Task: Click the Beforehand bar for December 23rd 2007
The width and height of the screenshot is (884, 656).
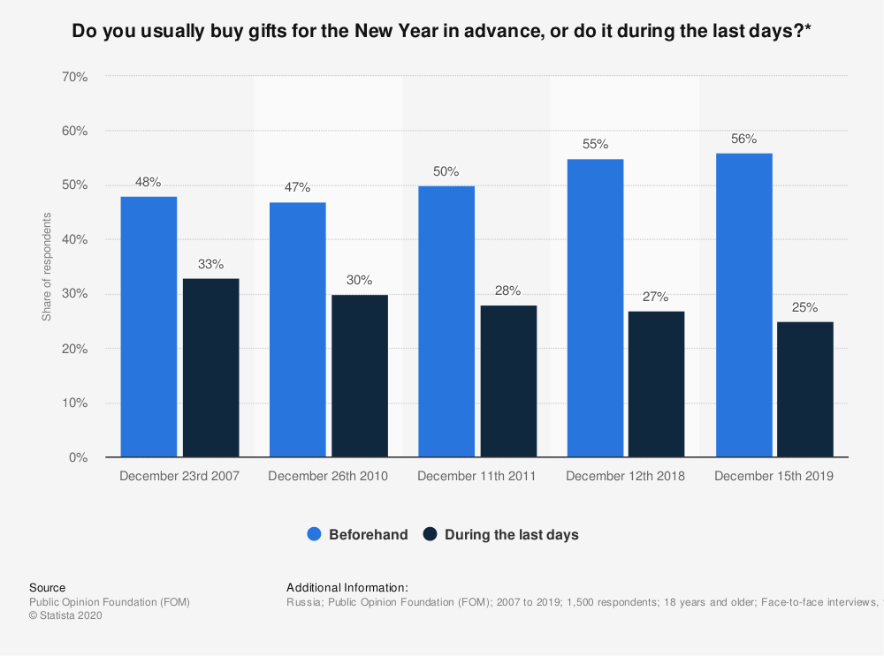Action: [x=149, y=327]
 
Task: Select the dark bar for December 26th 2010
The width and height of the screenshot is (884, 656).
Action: [x=360, y=376]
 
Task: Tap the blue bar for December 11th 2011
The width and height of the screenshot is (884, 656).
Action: [x=446, y=321]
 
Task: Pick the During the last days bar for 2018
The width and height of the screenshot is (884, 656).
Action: [x=657, y=384]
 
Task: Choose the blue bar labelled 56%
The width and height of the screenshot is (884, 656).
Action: [x=743, y=305]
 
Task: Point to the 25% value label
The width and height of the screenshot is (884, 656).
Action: [x=804, y=308]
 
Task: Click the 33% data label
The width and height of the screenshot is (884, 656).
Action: [x=210, y=264]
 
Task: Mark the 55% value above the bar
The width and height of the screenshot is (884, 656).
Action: [x=595, y=144]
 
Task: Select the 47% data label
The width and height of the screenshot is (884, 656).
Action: [x=297, y=188]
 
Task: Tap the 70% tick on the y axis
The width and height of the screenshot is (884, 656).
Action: [x=74, y=77]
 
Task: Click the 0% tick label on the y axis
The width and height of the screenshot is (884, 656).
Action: [x=78, y=457]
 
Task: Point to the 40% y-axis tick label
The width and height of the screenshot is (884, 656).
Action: [x=74, y=239]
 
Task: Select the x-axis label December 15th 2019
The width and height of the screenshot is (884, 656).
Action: [x=773, y=477]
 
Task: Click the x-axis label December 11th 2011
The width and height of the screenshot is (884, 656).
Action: [x=476, y=477]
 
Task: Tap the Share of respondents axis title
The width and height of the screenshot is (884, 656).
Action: [x=47, y=267]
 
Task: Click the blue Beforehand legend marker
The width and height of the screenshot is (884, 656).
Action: [x=314, y=534]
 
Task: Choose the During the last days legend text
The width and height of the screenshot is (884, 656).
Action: [x=511, y=534]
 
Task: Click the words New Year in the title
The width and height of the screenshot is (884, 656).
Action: [x=393, y=33]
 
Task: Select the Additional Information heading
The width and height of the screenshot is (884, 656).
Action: [x=347, y=587]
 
